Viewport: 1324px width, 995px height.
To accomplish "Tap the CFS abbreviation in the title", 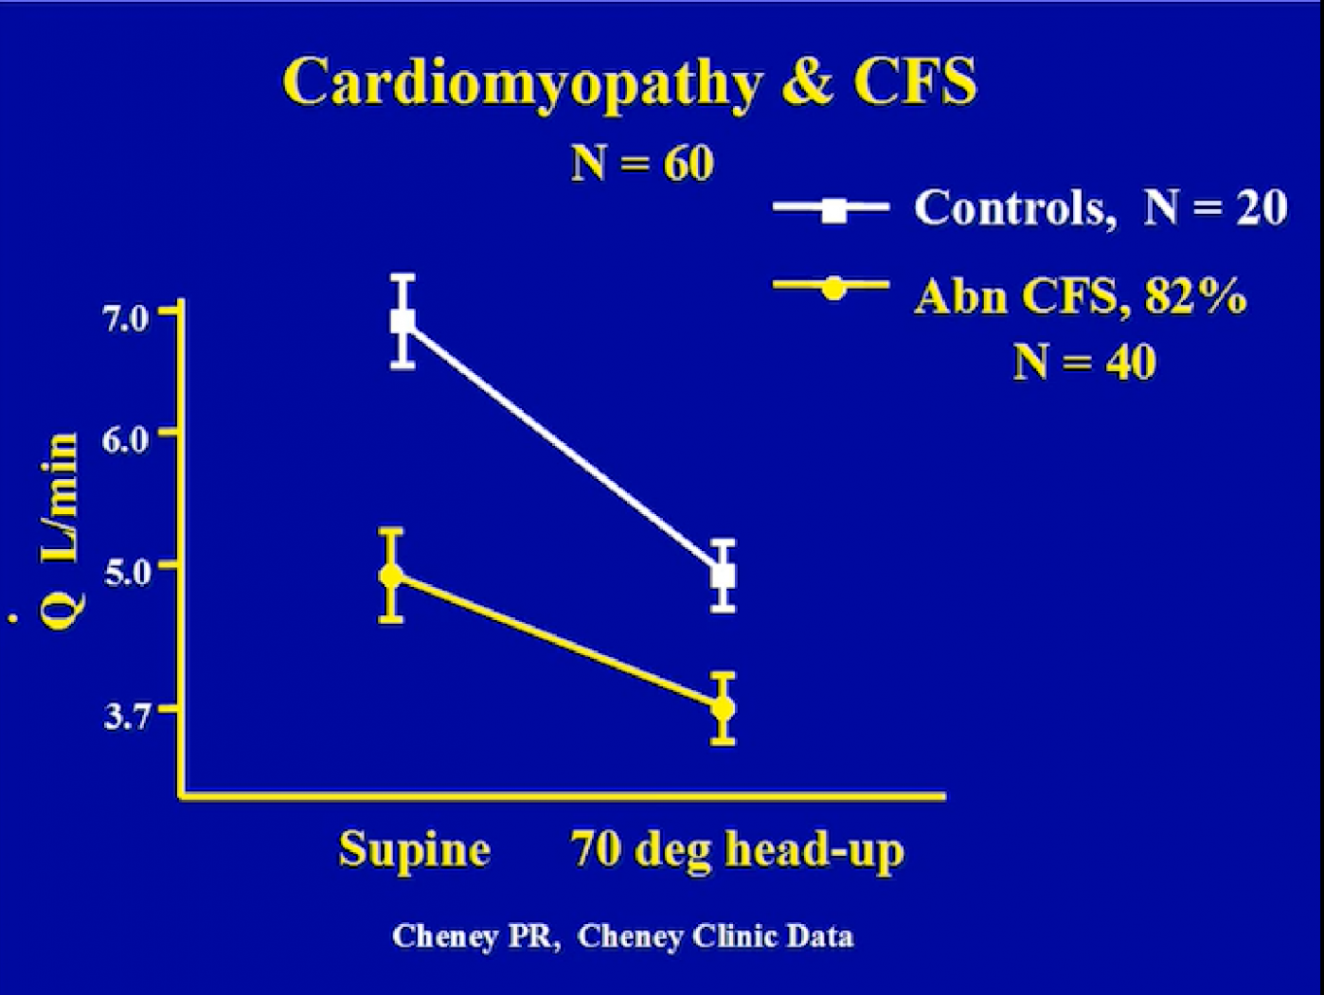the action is click(915, 80).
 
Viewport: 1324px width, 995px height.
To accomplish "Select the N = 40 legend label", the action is click(1084, 362).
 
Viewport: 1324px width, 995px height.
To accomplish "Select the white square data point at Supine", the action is click(402, 321).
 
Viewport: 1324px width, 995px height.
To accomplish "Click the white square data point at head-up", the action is click(722, 575).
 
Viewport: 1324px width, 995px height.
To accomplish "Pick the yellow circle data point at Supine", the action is click(392, 575).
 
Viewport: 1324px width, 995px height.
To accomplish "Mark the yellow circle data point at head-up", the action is click(722, 708).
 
